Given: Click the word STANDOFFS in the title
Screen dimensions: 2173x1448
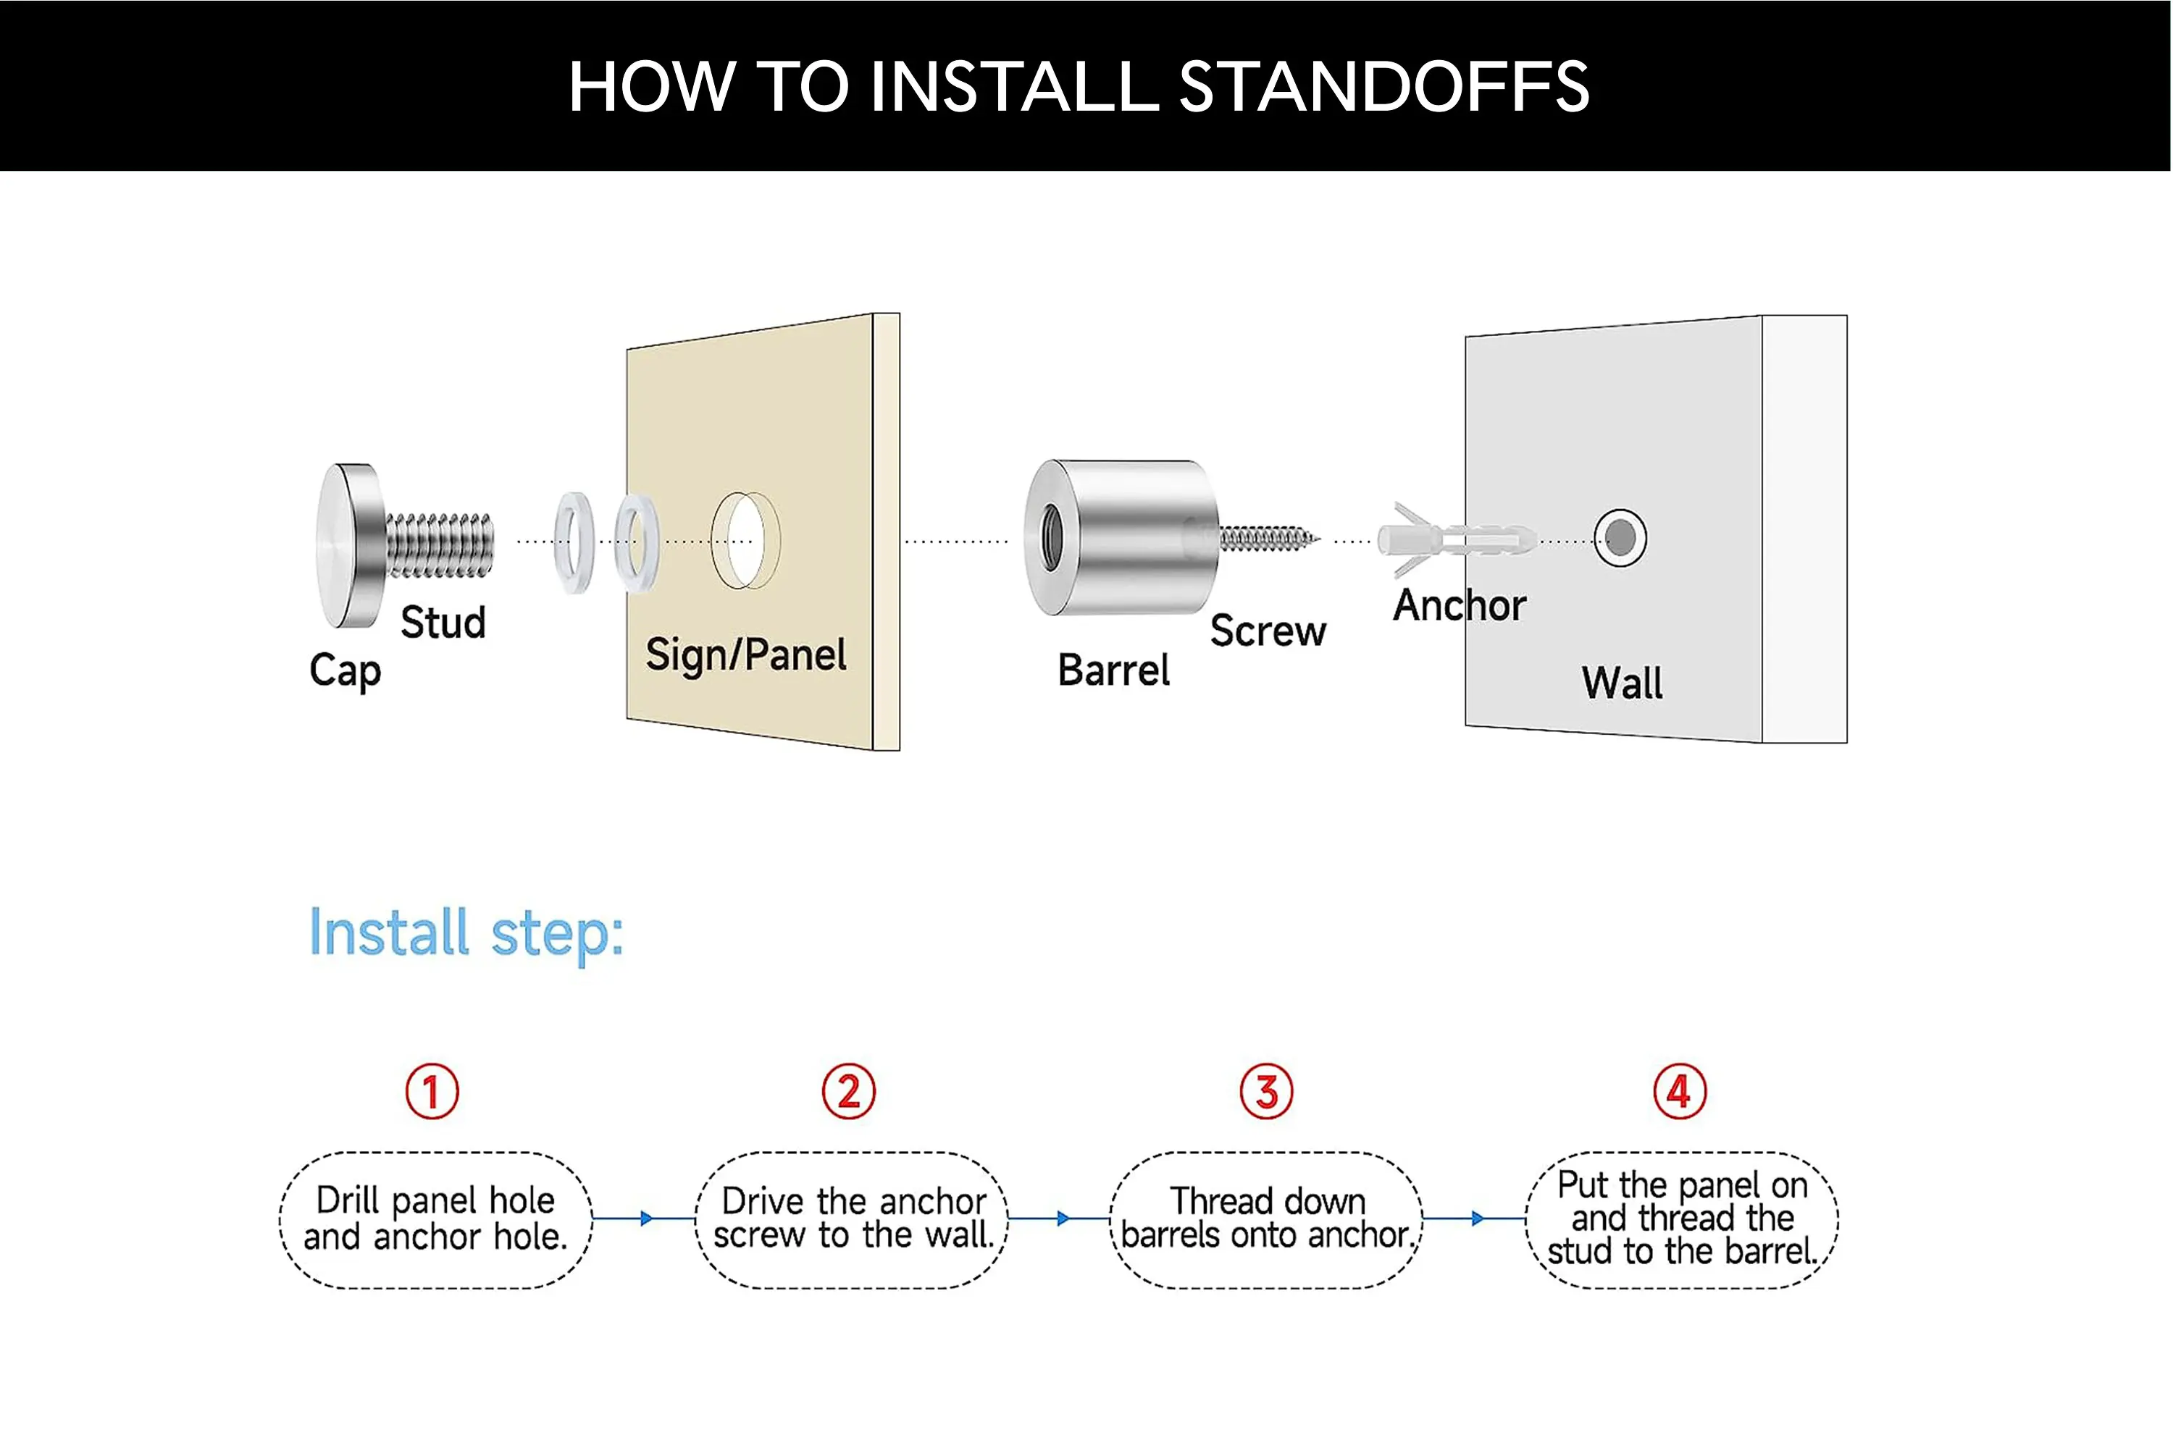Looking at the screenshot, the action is coord(1384,87).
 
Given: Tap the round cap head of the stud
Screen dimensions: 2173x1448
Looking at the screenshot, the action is coord(349,545).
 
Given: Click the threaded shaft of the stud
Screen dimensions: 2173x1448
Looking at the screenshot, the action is coord(440,546).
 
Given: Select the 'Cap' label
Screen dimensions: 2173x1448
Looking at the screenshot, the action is coord(345,670).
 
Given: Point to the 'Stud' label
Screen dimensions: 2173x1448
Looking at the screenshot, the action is coord(443,623).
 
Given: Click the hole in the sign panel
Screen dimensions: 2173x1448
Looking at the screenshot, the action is coord(745,540).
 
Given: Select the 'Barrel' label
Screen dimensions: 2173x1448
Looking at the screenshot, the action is coord(1113,670).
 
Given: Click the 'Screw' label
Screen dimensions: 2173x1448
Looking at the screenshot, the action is coord(1268,631).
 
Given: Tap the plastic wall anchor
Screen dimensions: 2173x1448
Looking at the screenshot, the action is coord(1456,539).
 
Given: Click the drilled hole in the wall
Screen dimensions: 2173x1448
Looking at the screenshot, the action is coord(1620,537).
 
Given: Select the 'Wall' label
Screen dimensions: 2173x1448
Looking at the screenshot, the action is coord(1622,683).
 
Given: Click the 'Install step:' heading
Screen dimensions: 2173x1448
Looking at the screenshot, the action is coord(466,934).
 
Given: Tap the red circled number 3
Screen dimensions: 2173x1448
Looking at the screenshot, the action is coord(1265,1092).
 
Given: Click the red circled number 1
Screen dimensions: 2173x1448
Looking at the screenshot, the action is coord(432,1092).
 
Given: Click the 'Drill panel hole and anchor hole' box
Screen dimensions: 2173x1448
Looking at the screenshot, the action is coord(435,1220).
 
